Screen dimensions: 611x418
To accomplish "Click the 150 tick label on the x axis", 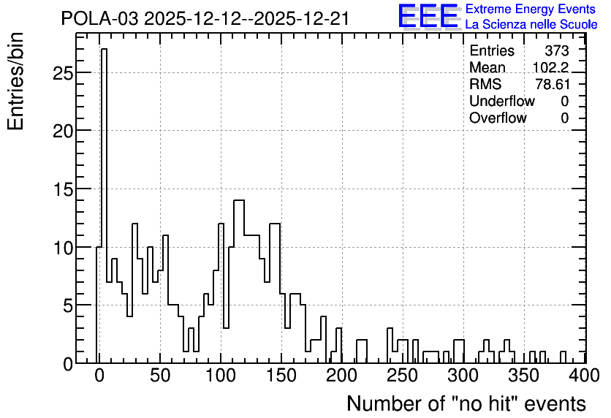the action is (281, 376).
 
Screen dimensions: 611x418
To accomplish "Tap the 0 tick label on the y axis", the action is (68, 365).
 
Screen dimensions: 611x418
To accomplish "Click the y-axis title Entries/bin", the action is (15, 81).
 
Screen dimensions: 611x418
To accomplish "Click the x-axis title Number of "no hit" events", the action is (466, 403).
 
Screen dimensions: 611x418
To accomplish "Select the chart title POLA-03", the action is (99, 19).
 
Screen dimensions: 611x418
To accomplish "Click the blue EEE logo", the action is (428, 16).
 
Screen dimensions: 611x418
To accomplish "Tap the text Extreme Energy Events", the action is (531, 9).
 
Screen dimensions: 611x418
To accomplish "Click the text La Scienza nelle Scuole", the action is (531, 25).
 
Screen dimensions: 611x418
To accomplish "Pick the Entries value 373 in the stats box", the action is (557, 50).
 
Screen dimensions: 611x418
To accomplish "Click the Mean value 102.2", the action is (550, 67).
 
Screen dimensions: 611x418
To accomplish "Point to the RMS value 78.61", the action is (553, 84).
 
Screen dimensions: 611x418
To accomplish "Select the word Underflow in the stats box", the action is (502, 101).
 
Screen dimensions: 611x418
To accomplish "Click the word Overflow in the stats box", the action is (498, 118).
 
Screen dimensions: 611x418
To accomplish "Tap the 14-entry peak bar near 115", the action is (239, 281).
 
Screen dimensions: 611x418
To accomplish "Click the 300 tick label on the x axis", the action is (463, 376).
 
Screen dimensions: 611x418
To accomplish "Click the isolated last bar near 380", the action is (563, 357).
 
